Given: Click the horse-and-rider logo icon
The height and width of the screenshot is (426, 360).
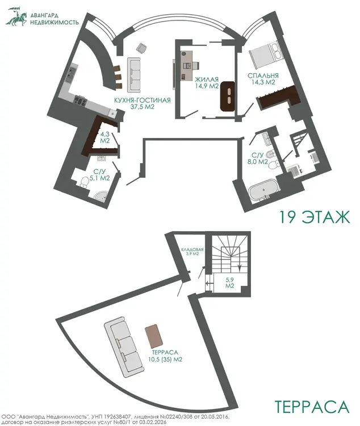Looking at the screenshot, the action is pos(17,17).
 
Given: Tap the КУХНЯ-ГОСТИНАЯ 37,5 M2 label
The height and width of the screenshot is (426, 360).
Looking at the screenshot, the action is pos(143,103).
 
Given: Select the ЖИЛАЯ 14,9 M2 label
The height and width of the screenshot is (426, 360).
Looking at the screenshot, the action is pos(207,83).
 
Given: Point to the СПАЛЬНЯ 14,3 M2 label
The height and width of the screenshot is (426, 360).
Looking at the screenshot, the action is pos(263,79).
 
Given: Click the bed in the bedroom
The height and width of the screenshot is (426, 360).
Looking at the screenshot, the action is pos(267,55).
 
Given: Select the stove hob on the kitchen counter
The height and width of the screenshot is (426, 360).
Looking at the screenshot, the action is pos(81,101).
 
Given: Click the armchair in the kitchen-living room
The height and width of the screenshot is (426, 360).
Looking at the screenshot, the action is pos(141,48).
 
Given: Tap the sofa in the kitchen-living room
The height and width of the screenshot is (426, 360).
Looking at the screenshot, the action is pos(134,74).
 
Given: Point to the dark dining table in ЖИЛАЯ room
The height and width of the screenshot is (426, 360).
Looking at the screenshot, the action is pos(228,96).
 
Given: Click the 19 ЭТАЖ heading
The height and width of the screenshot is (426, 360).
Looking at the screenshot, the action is pos(315,217).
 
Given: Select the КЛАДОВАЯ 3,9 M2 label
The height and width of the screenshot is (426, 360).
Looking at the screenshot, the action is pos(192,252).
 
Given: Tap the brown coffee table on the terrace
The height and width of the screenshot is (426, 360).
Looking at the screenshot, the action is pos(154,336).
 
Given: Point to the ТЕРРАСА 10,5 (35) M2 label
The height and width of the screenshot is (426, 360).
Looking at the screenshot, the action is pos(165,356).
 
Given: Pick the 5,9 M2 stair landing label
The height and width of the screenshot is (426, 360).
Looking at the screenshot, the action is pos(229,283).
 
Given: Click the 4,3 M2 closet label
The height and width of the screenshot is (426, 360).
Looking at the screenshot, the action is pos(105,137).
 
